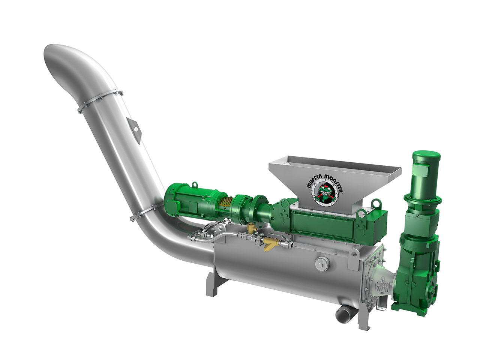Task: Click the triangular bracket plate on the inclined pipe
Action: coord(134,130)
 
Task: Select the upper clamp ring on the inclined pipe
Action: coord(100,101)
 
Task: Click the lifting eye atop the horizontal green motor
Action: coord(194,185)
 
